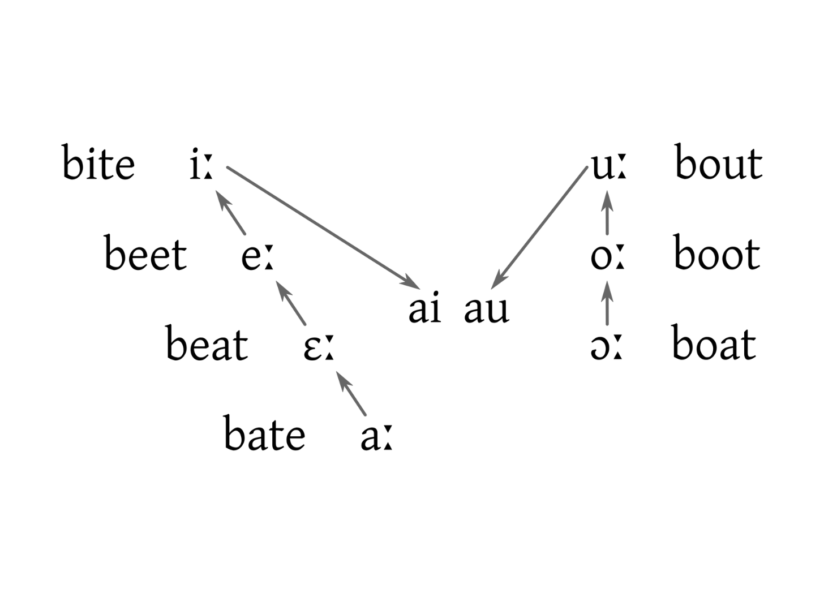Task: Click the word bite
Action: point(98,164)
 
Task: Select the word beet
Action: point(145,254)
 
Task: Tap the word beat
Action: point(207,345)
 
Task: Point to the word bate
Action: point(264,435)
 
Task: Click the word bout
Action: point(719,164)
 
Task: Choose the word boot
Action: point(717,254)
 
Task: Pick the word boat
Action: point(714,344)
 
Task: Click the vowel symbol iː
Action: point(201,166)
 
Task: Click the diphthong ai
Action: point(424,310)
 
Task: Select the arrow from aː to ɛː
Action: point(352,393)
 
